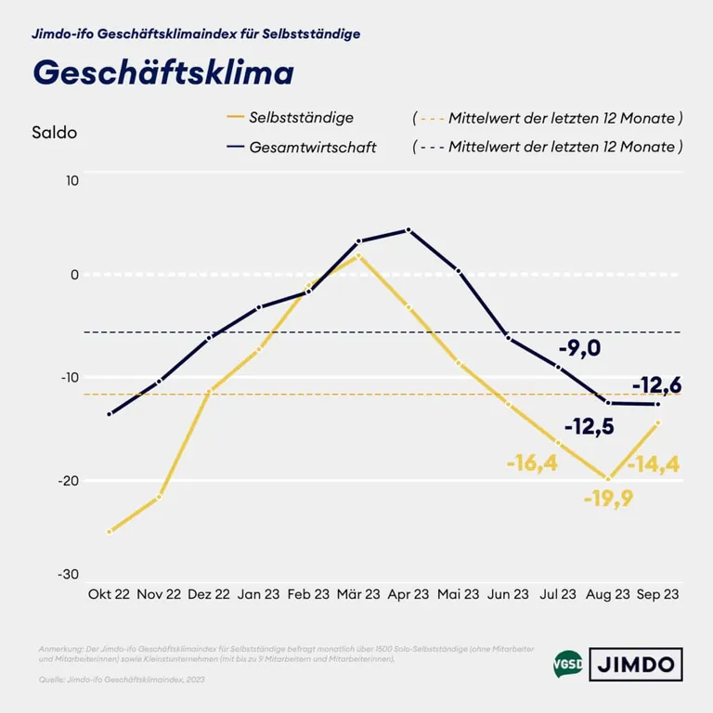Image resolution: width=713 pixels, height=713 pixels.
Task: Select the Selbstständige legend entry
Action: pyautogui.click(x=301, y=118)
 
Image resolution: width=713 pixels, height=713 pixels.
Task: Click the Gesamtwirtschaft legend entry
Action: pyautogui.click(x=313, y=147)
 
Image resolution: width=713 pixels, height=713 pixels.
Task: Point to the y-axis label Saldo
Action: pyautogui.click(x=54, y=132)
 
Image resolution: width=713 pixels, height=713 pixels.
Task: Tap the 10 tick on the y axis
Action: pyautogui.click(x=72, y=179)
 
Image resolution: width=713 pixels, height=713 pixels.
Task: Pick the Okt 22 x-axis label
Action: pyautogui.click(x=110, y=594)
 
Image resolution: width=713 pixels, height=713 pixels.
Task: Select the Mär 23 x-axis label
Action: pyautogui.click(x=358, y=594)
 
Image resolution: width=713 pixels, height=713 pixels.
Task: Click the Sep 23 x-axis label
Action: pyautogui.click(x=657, y=594)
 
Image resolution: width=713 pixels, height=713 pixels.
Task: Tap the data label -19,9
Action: pyautogui.click(x=609, y=499)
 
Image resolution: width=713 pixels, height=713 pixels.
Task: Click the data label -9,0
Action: pyautogui.click(x=580, y=349)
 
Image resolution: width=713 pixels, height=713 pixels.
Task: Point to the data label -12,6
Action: pyautogui.click(x=657, y=384)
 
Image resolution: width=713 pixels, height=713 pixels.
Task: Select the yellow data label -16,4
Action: pyautogui.click(x=532, y=462)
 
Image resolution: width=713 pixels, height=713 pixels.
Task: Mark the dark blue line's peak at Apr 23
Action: pyautogui.click(x=408, y=230)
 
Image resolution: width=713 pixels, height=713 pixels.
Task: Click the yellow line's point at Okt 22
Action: pyautogui.click(x=110, y=532)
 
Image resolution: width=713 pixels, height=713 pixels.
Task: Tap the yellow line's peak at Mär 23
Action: pyautogui.click(x=358, y=255)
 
